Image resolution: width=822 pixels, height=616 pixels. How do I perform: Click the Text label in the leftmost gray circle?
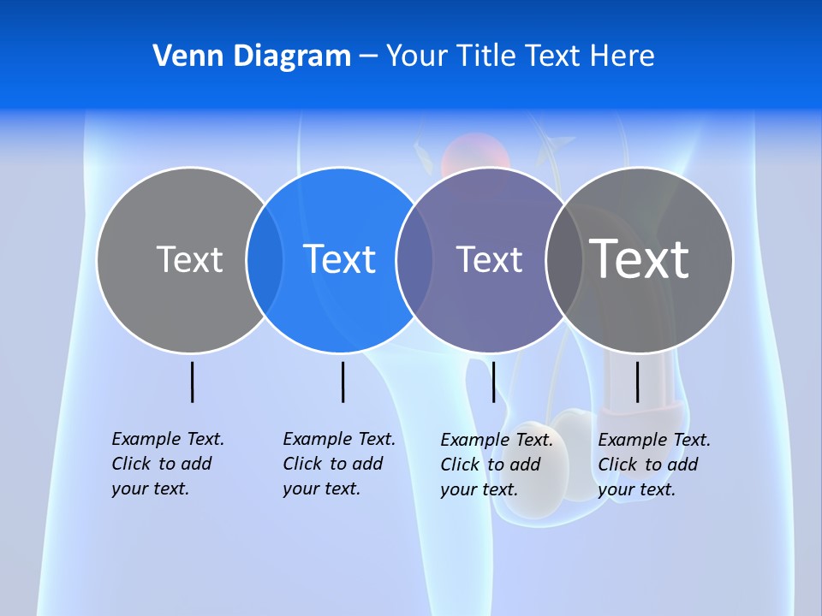[189, 259]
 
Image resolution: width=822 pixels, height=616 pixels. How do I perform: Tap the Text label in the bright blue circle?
[340, 259]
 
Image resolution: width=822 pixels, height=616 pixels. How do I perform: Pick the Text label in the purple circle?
[489, 259]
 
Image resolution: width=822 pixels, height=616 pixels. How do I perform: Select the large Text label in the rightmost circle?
[640, 259]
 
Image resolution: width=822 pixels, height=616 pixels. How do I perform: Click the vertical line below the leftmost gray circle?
[192, 382]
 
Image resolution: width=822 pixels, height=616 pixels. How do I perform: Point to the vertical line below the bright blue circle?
[342, 382]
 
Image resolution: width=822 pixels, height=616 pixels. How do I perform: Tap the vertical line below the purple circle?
[493, 382]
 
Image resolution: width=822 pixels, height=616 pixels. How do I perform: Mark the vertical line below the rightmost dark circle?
[637, 382]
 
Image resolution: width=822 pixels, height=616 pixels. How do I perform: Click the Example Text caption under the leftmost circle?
[167, 464]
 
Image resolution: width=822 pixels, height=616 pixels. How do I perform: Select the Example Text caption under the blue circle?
[338, 464]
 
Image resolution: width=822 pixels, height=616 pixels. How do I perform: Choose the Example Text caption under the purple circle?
[496, 465]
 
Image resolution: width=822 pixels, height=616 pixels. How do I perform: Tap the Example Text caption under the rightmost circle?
[653, 465]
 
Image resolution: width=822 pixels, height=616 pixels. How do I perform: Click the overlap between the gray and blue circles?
[265, 259]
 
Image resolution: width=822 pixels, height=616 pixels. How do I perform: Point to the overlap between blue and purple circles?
[414, 259]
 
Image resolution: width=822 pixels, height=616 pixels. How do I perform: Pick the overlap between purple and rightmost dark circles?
[564, 259]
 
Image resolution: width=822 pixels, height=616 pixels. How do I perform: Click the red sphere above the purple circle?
[475, 152]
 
